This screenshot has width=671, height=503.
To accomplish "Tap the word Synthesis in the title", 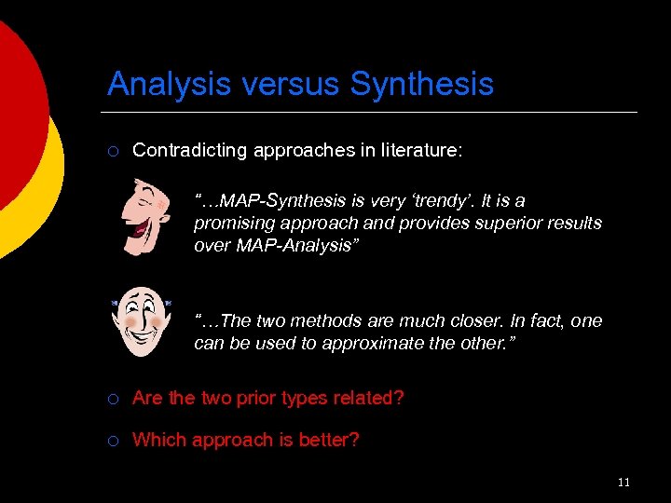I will [421, 85].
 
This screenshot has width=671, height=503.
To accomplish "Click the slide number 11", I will [623, 482].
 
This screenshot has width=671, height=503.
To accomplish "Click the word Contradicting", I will [183, 150].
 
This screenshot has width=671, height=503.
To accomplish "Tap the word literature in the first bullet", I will [420, 150].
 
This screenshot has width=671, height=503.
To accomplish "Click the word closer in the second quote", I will [464, 321].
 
